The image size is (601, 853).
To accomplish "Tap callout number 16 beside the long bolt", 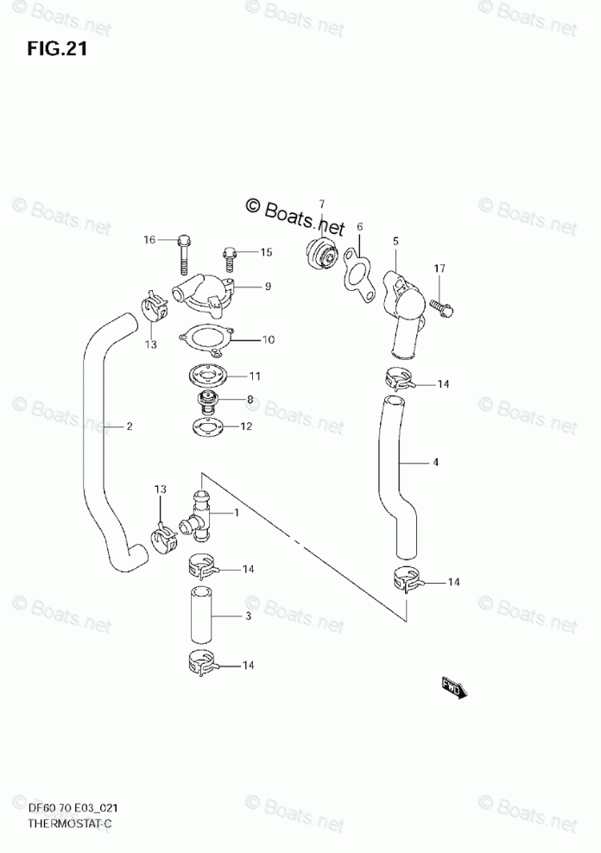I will click(x=149, y=239).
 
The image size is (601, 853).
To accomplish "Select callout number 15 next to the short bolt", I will click(x=266, y=252).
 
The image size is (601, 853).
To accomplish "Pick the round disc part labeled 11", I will click(x=206, y=376).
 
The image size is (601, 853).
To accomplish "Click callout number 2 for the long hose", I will click(x=130, y=426).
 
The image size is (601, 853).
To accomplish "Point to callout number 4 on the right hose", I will click(x=436, y=462).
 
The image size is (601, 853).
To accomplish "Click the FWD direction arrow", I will click(x=453, y=686).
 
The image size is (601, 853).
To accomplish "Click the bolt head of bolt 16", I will click(x=183, y=240).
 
